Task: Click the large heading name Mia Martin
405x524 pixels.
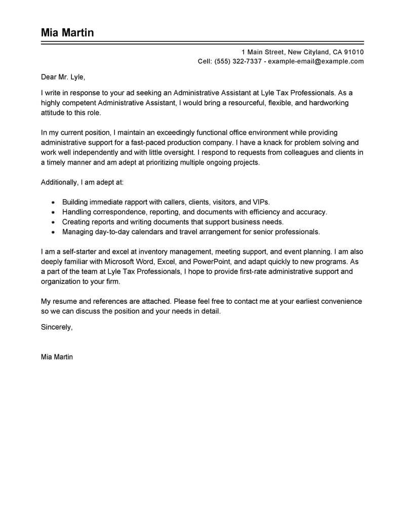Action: click(x=67, y=32)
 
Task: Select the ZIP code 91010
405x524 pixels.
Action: click(x=354, y=52)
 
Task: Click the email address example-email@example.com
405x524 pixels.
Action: click(x=316, y=61)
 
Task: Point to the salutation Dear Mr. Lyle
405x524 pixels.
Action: click(x=63, y=77)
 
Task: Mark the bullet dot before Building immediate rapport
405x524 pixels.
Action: click(x=53, y=202)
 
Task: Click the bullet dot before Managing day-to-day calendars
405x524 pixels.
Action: click(x=53, y=232)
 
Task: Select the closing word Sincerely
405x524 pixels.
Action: click(x=57, y=327)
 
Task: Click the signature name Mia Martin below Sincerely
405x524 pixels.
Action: click(x=57, y=357)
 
